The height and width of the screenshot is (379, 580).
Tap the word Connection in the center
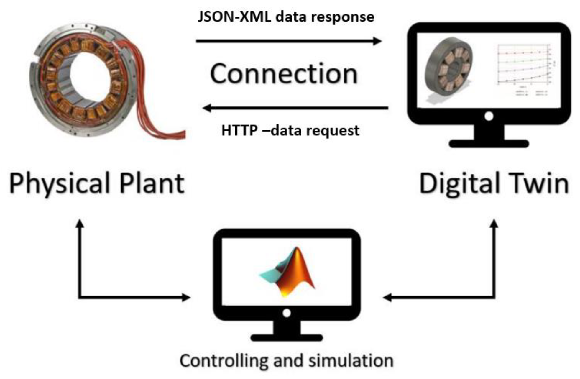point(284,74)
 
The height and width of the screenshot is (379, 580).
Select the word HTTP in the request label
point(239,130)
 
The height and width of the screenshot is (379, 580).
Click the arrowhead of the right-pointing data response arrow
point(377,41)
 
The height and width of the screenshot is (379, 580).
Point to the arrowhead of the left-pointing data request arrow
point(207,108)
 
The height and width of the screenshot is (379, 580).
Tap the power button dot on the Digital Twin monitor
point(489,116)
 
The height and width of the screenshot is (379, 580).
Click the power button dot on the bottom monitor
point(287,313)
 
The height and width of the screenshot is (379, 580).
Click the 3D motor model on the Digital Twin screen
point(448,68)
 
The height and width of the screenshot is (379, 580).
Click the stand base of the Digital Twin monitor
point(489,144)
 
